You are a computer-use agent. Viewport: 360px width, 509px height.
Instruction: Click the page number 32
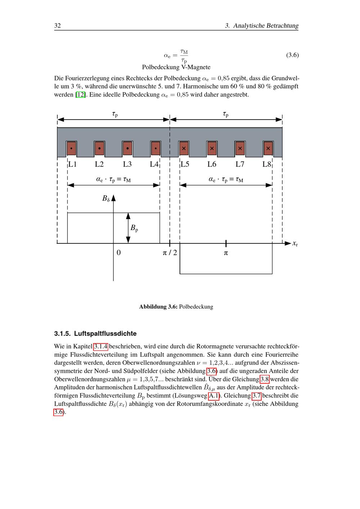click(57, 26)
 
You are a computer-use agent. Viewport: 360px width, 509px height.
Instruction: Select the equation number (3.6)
click(292, 55)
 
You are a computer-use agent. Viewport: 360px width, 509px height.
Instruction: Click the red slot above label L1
click(71, 148)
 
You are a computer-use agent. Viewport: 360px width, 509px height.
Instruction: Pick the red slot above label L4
click(156, 148)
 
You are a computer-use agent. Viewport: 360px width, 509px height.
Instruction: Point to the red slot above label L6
click(212, 148)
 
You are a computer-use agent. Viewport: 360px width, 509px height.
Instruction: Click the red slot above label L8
click(268, 148)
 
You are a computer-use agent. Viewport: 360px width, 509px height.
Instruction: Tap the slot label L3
click(127, 165)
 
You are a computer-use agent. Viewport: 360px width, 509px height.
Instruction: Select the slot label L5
click(185, 165)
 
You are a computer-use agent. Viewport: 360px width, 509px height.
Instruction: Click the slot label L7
click(240, 165)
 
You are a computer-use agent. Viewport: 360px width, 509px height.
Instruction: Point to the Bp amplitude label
click(134, 228)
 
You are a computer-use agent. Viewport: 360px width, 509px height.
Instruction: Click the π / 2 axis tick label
click(170, 253)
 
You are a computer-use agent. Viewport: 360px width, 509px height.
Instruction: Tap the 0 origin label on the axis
click(119, 253)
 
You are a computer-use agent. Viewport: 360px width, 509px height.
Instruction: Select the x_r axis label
click(295, 244)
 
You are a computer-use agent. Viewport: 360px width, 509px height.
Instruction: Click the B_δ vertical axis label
click(105, 198)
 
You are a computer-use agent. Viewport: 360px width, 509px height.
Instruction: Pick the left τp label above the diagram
click(115, 114)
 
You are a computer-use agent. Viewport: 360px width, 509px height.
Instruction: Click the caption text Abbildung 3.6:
click(158, 307)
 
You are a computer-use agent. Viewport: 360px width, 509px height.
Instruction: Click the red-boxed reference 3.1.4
click(100, 347)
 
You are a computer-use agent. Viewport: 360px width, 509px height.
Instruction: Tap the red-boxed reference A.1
click(214, 396)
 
